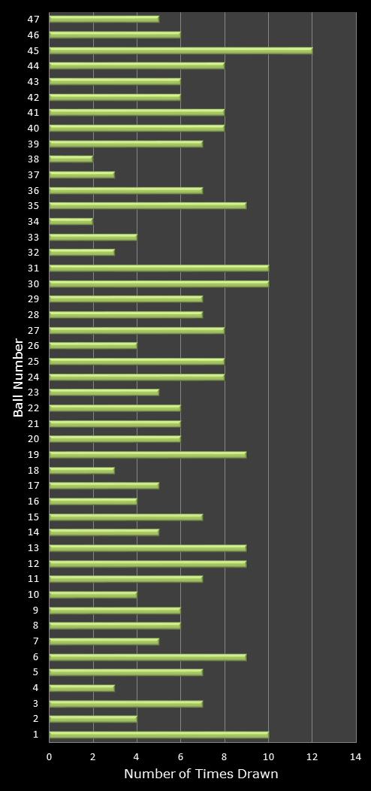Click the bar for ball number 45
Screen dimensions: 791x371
[x=180, y=50]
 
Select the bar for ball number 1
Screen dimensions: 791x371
[x=158, y=735]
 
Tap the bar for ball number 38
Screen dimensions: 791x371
[x=71, y=159]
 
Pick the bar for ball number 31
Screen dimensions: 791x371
[x=158, y=268]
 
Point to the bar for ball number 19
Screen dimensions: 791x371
[x=148, y=454]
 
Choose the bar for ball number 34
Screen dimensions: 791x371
[x=71, y=221]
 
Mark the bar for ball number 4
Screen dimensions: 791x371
[x=82, y=688]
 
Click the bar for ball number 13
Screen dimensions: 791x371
[x=148, y=547]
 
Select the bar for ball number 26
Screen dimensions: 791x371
[x=93, y=346]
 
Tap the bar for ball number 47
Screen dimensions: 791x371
[x=104, y=19]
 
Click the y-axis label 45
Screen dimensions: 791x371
[x=34, y=50]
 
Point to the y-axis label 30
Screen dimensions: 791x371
[x=34, y=283]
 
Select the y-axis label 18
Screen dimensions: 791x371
[x=34, y=470]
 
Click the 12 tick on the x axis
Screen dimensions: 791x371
[x=312, y=757]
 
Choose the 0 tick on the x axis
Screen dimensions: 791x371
[x=50, y=757]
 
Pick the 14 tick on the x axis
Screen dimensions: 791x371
[x=355, y=757]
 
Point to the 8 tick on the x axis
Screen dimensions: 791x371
[x=225, y=757]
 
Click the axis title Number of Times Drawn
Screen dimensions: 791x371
[x=201, y=774]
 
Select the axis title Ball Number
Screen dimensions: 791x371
[x=18, y=377]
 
